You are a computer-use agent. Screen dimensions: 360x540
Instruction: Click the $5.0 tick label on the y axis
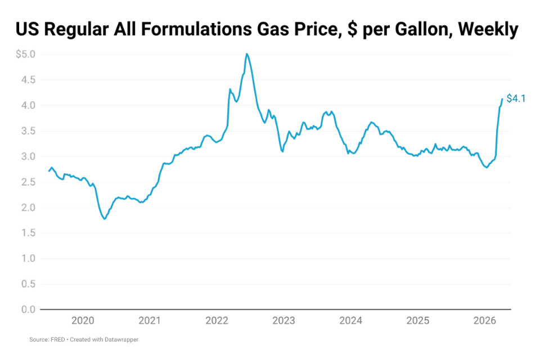[x=25, y=55]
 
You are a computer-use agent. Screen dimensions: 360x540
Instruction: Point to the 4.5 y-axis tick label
[x=28, y=80]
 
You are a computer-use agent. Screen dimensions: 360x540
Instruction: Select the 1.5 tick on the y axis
[x=28, y=233]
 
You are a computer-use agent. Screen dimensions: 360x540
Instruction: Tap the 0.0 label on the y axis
[x=28, y=309]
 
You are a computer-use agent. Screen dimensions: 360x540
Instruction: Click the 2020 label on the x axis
[x=83, y=321]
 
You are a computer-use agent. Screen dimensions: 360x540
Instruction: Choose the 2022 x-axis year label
[x=217, y=321]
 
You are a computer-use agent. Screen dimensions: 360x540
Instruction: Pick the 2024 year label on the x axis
[x=351, y=321]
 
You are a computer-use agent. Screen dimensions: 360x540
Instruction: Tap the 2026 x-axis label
[x=485, y=321]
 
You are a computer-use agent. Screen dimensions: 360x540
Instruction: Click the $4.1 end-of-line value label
[x=516, y=98]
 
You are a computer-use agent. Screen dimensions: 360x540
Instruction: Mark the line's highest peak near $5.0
[x=246, y=54]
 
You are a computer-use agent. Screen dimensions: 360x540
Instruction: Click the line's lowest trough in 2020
[x=104, y=219]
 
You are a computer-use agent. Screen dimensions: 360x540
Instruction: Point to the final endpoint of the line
[x=502, y=99]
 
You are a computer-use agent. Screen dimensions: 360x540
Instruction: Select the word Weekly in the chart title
[x=488, y=29]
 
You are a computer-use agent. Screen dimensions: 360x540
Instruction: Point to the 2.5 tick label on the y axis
[x=28, y=182]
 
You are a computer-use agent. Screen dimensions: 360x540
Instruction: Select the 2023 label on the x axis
[x=283, y=321]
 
